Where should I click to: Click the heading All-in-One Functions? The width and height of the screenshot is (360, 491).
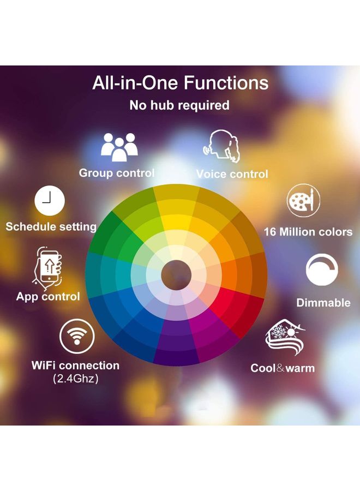[180, 83]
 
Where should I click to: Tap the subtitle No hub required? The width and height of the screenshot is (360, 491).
[179, 105]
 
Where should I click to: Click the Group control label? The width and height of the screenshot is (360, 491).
[117, 173]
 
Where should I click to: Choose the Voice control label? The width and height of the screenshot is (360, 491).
[232, 175]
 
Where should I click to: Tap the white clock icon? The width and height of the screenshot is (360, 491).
[50, 201]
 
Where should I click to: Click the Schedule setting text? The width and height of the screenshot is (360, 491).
[51, 226]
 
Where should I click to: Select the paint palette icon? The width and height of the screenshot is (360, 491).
[303, 200]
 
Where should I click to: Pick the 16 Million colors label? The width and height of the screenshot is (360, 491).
[308, 232]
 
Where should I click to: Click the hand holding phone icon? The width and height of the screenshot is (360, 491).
[47, 267]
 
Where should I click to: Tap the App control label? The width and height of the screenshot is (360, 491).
[48, 297]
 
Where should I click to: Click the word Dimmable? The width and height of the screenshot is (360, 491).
[323, 303]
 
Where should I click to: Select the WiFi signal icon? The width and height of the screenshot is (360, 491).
[76, 337]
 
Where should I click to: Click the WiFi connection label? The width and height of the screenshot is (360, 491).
[75, 366]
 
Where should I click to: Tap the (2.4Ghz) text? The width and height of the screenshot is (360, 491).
[76, 379]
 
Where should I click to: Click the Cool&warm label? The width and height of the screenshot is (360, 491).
[283, 368]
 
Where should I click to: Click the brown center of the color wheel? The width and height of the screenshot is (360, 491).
[176, 271]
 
